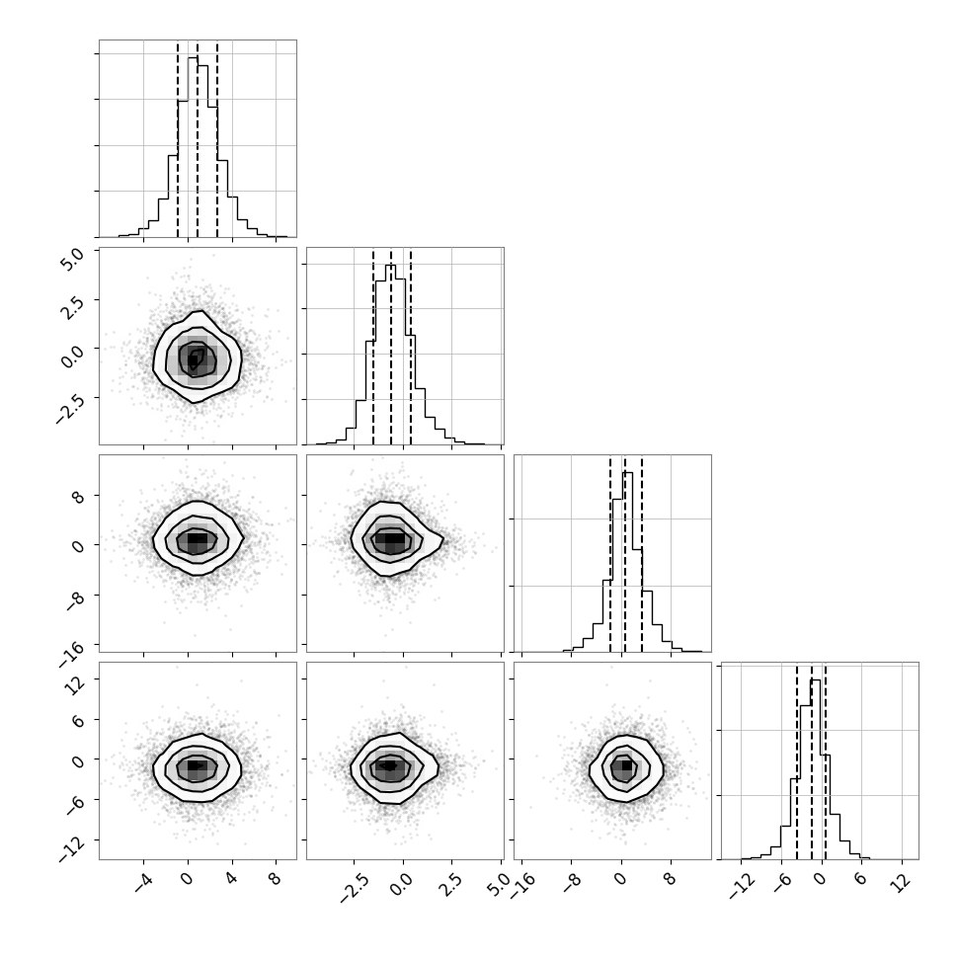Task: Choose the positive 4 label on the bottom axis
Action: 230,880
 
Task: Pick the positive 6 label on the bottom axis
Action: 859,880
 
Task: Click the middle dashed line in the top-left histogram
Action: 198,138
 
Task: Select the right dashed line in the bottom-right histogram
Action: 826,760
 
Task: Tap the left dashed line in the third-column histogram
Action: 610,553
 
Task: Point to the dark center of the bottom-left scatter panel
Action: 195,765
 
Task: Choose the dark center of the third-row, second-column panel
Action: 390,539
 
